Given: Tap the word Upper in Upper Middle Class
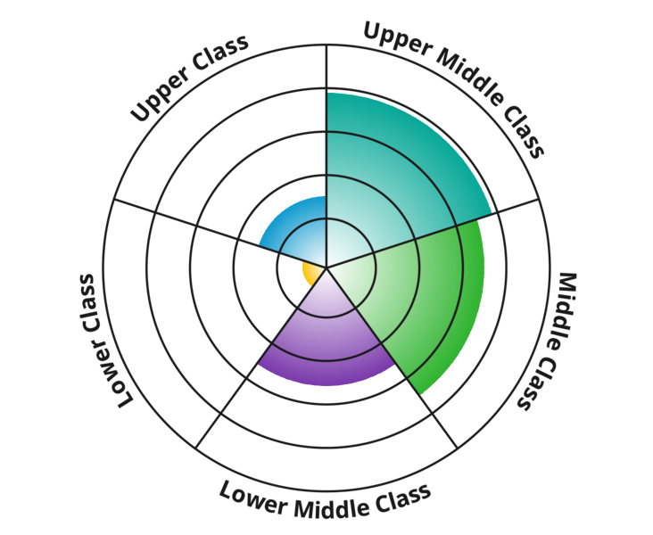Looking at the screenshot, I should point(397,38).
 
